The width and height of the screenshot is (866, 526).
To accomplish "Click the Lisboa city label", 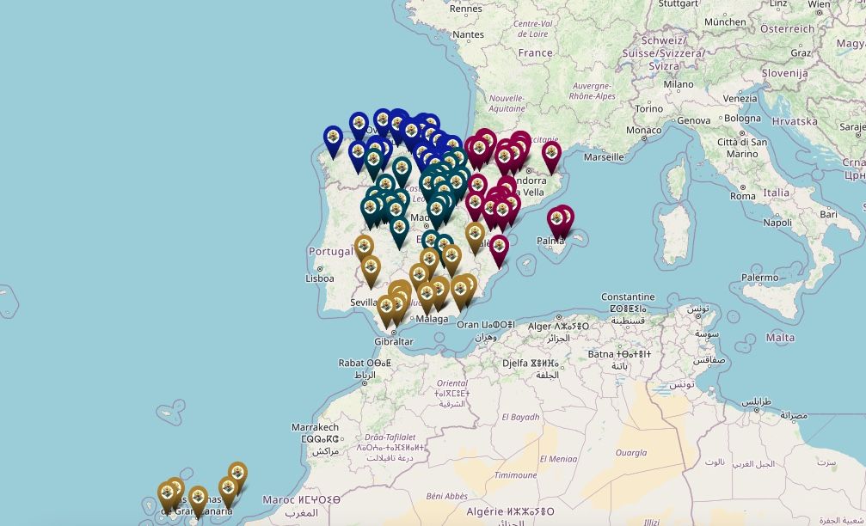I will pyautogui.click(x=319, y=278).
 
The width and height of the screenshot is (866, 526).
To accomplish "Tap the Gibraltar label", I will pyautogui.click(x=394, y=341).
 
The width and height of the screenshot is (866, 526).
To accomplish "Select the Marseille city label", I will pyautogui.click(x=603, y=157).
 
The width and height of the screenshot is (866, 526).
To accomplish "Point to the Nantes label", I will pyautogui.click(x=468, y=34).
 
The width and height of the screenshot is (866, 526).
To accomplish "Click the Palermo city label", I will pyautogui.click(x=760, y=278).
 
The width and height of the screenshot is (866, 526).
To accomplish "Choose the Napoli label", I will pyautogui.click(x=777, y=222).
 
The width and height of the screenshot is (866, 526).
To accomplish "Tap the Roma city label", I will pyautogui.click(x=742, y=196).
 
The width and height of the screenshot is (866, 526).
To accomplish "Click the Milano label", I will pyautogui.click(x=678, y=84).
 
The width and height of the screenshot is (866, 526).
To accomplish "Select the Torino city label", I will pyautogui.click(x=649, y=109).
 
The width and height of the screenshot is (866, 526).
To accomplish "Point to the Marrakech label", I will pyautogui.click(x=315, y=427).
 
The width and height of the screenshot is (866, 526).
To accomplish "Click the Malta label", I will pyautogui.click(x=780, y=338).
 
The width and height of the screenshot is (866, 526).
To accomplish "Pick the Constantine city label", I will pyautogui.click(x=628, y=297).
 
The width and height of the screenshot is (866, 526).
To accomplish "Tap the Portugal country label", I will pyautogui.click(x=330, y=251).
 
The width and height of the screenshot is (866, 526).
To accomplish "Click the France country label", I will pyautogui.click(x=535, y=52).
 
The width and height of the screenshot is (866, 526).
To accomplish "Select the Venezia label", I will pyautogui.click(x=740, y=98).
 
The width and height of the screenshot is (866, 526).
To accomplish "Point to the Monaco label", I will pyautogui.click(x=643, y=131).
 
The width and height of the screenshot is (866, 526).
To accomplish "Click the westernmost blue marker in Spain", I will pyautogui.click(x=333, y=138).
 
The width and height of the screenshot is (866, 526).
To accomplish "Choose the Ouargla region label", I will pyautogui.click(x=630, y=452).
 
